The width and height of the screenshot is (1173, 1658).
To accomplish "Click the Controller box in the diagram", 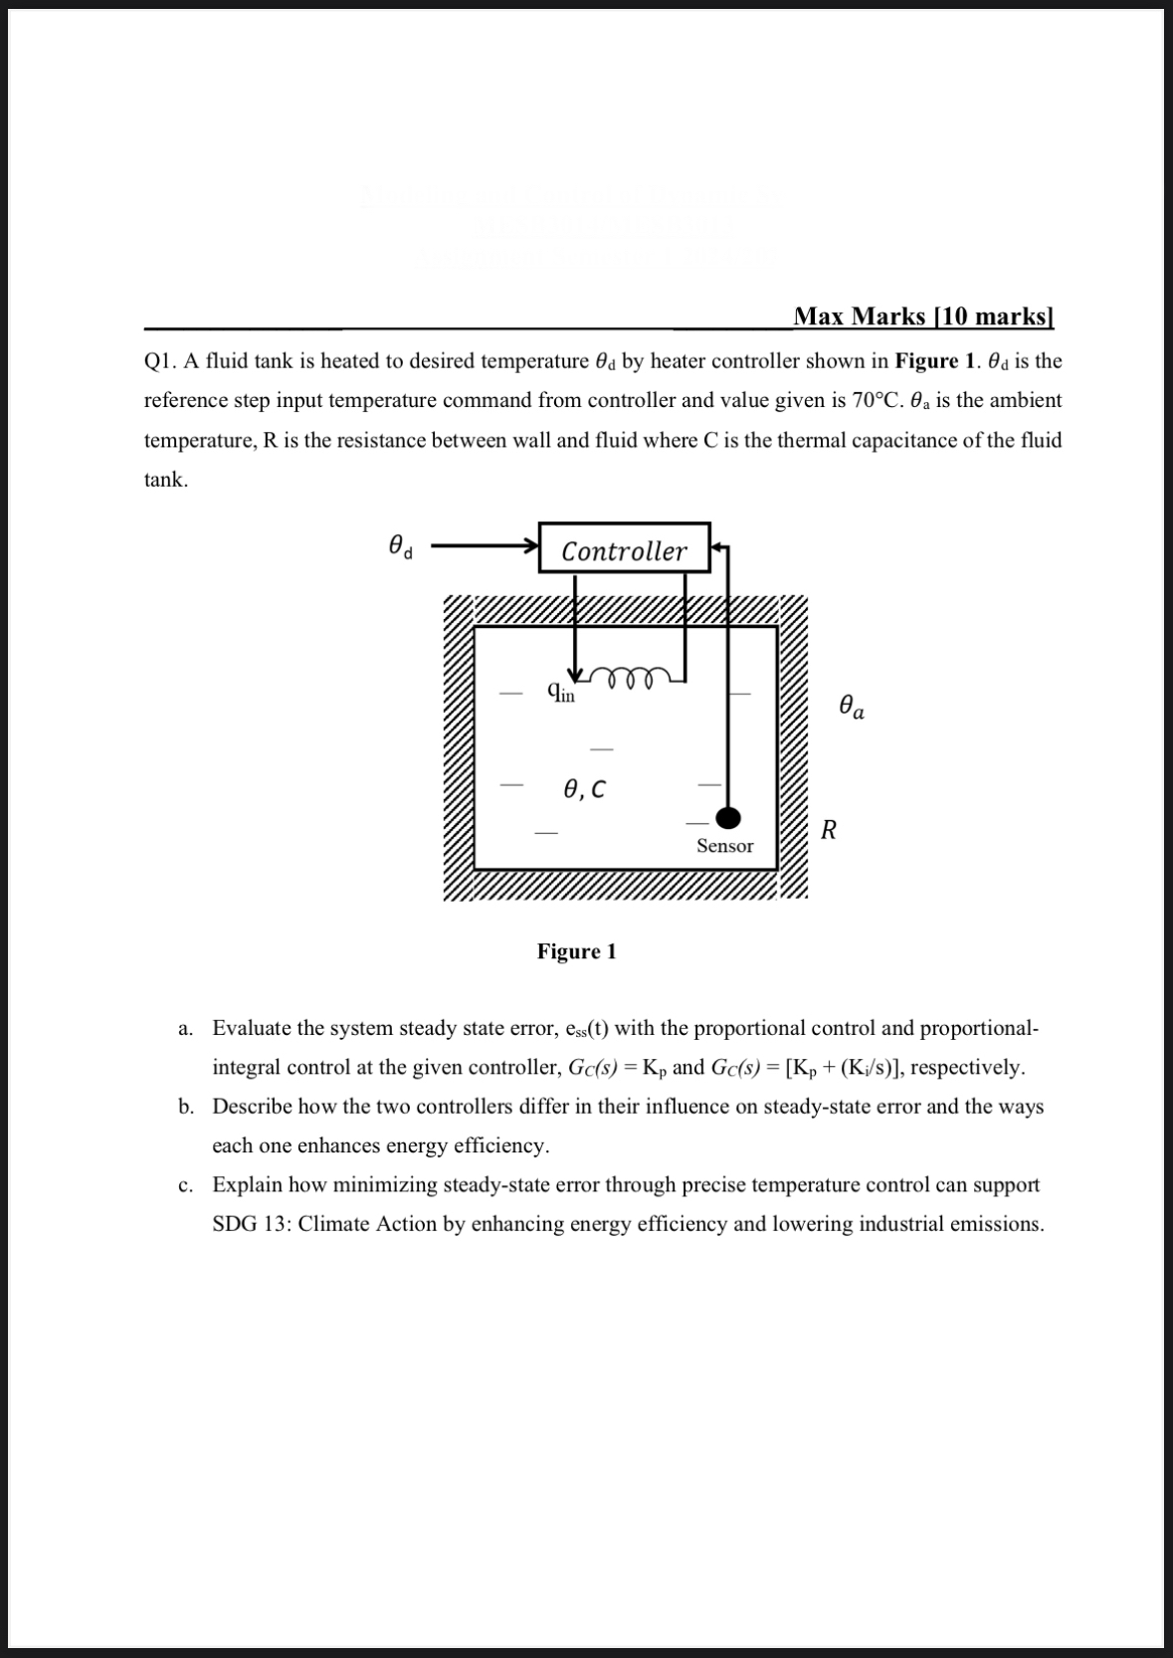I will click(x=624, y=548).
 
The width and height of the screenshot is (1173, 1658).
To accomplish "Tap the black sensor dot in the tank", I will click(x=729, y=817).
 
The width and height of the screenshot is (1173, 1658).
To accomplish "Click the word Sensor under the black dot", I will click(x=724, y=846).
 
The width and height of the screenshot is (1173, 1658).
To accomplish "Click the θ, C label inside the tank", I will click(x=584, y=789).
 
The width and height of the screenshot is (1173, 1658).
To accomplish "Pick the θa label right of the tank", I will click(x=851, y=708).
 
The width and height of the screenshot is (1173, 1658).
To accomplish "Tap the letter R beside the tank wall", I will click(x=828, y=829).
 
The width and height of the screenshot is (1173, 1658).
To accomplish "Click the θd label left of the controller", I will click(x=400, y=546).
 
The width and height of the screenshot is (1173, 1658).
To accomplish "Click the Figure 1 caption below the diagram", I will click(x=576, y=951).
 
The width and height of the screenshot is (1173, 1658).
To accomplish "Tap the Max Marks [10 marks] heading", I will click(x=923, y=316).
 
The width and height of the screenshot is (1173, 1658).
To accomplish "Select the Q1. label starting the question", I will click(x=161, y=361).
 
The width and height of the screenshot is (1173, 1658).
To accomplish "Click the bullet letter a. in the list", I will click(x=185, y=1028).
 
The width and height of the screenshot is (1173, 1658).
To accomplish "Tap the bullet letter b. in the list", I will click(x=186, y=1107).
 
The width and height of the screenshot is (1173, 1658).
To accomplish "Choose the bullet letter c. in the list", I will click(x=185, y=1185).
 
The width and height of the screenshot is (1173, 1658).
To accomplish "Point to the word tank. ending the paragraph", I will click(x=166, y=480).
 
